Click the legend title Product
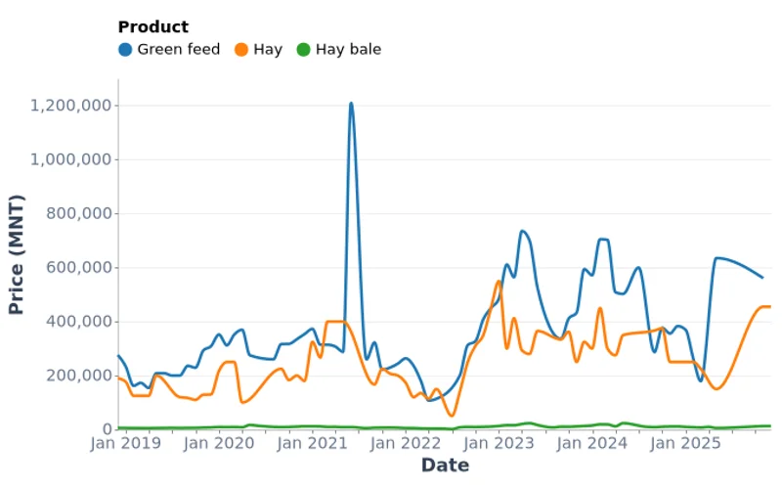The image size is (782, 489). [x=152, y=27]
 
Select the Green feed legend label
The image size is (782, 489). [x=178, y=49]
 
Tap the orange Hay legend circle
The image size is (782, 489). [x=240, y=49]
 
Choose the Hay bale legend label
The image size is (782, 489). [x=348, y=49]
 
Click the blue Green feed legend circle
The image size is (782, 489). [x=125, y=49]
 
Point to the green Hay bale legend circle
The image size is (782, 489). [x=303, y=49]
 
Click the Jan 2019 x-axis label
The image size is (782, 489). [x=126, y=443]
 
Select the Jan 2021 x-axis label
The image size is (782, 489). [x=313, y=443]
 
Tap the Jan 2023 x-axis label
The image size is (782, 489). [x=500, y=443]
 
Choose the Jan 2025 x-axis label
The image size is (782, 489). [x=686, y=443]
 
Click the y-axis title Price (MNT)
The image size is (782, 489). [x=17, y=254]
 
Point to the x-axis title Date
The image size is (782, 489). [x=445, y=466]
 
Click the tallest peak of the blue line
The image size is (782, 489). [x=351, y=103]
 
